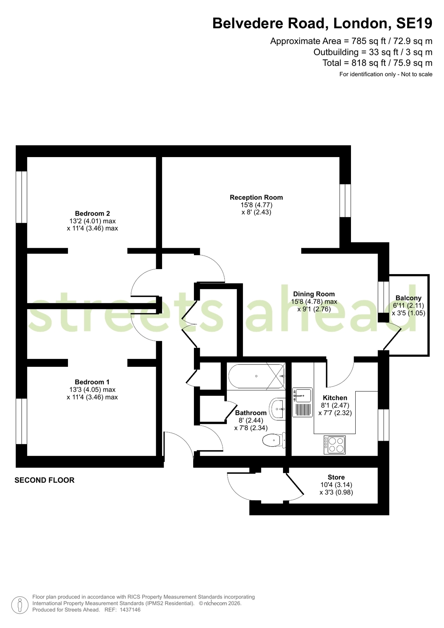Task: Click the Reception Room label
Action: pos(256,198)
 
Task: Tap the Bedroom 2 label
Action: pos(92,213)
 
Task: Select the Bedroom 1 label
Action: pos(92,382)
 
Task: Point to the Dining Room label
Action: pos(314,294)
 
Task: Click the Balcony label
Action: pos(408,298)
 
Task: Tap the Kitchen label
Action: pos(335,398)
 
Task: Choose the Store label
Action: pos(336,477)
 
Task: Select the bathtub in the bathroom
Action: pos(256,376)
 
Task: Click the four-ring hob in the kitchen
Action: pos(334,445)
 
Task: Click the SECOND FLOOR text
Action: pos(45,480)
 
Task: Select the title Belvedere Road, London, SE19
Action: pos(322,23)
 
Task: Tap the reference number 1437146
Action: pos(130,610)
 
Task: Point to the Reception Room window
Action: pos(345,200)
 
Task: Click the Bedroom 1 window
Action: pos(21,421)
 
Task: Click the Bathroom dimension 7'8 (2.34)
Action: pos(251,428)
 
